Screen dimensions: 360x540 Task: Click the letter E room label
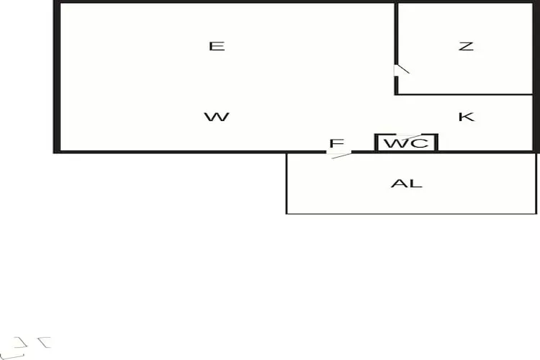pyautogui.click(x=217, y=46)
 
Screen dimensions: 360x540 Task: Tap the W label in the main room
pyautogui.click(x=216, y=117)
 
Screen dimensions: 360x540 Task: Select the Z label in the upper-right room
pyautogui.click(x=466, y=46)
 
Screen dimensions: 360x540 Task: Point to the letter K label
pyautogui.click(x=466, y=117)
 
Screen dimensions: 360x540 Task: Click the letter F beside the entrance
pyautogui.click(x=336, y=143)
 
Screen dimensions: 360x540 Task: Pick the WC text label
pyautogui.click(x=406, y=143)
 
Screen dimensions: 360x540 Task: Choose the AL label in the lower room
pyautogui.click(x=406, y=184)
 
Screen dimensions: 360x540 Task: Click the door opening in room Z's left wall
pyautogui.click(x=397, y=70)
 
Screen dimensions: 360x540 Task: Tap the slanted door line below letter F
pyautogui.click(x=341, y=154)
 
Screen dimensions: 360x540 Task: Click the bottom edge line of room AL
pyautogui.click(x=410, y=213)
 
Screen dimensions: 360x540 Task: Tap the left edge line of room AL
pyautogui.click(x=287, y=184)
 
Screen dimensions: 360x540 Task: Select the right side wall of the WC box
pyautogui.click(x=436, y=142)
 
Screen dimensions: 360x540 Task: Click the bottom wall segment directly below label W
pyautogui.click(x=216, y=151)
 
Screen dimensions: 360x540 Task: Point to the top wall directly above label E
pyautogui.click(x=217, y=3)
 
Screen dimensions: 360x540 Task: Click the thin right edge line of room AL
pyautogui.click(x=536, y=184)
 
